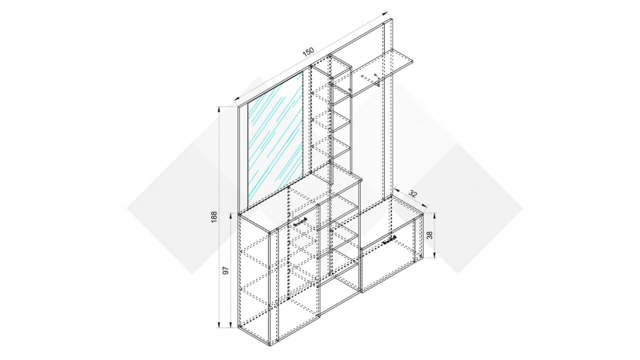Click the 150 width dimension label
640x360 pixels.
pyautogui.click(x=308, y=52)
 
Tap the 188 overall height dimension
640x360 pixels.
pyautogui.click(x=214, y=216)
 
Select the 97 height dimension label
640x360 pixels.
pyautogui.click(x=226, y=270)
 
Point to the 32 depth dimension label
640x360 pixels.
pyautogui.click(x=413, y=194)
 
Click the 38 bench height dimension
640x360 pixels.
pyautogui.click(x=429, y=236)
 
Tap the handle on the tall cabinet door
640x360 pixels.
pyautogui.click(x=300, y=222)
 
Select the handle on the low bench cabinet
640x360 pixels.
pyautogui.click(x=389, y=240)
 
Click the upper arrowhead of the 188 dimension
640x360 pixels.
pyautogui.click(x=220, y=109)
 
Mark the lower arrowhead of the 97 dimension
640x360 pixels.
pyautogui.click(x=230, y=325)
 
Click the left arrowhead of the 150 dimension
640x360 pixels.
pyautogui.click(x=236, y=98)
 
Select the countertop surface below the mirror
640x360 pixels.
pyautogui.click(x=300, y=200)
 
